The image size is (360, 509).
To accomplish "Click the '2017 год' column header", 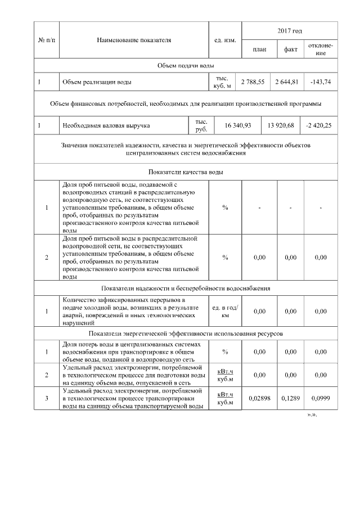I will pyautogui.click(x=290, y=30).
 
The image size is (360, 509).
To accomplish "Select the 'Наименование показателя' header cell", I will pyautogui.click(x=134, y=40).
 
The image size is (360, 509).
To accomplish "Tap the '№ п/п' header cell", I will pyautogui.click(x=46, y=40).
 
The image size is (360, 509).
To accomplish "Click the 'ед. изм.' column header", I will pyautogui.click(x=225, y=40).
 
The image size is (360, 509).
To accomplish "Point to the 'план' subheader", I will pyautogui.click(x=259, y=49).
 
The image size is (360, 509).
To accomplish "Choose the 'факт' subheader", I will pyautogui.click(x=290, y=49).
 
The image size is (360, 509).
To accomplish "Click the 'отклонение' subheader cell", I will pyautogui.click(x=321, y=49).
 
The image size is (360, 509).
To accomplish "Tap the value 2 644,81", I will pyautogui.click(x=287, y=82).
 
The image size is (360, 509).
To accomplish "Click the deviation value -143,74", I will pyautogui.click(x=321, y=82).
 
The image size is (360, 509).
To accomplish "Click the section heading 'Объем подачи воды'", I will pyautogui.click(x=186, y=66).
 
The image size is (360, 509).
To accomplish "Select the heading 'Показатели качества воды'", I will pyautogui.click(x=186, y=171).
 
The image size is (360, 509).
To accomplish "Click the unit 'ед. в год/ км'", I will pyautogui.click(x=225, y=311).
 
